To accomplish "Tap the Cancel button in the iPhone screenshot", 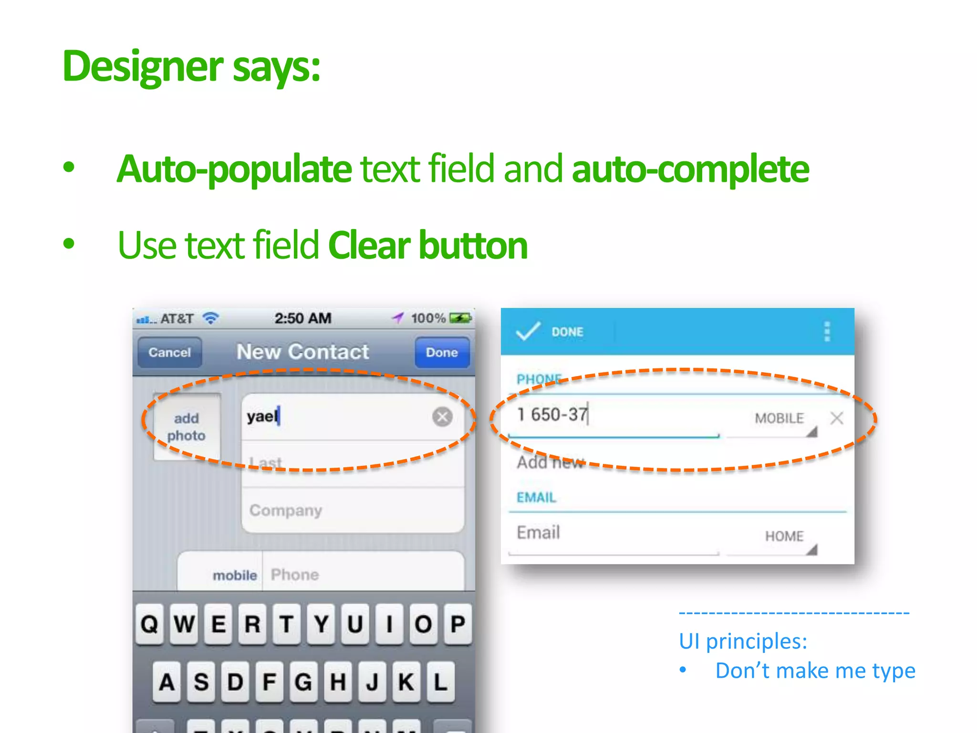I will pos(169,353).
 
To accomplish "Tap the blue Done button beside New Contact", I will pos(442,353).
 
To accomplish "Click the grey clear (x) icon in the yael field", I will pos(442,417).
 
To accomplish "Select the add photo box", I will pos(187,427).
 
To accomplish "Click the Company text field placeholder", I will pos(286,510).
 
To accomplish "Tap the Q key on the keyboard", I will pos(149,624).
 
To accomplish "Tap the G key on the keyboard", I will pos(303,682).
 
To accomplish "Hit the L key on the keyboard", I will pos(440,682).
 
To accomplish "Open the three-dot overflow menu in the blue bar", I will pos(827,331).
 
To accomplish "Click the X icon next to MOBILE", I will pos(837,418).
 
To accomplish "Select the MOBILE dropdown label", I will pos(779,419).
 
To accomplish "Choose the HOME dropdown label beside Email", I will pos(784,536).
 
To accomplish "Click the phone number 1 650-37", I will pos(552,414).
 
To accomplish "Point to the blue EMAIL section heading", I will pos(536,497).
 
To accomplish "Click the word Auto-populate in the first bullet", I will pos(234,169).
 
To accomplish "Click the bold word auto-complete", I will pos(690,169).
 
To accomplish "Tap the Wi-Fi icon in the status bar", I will pos(210,318).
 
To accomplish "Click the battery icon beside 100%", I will pos(460,318).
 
